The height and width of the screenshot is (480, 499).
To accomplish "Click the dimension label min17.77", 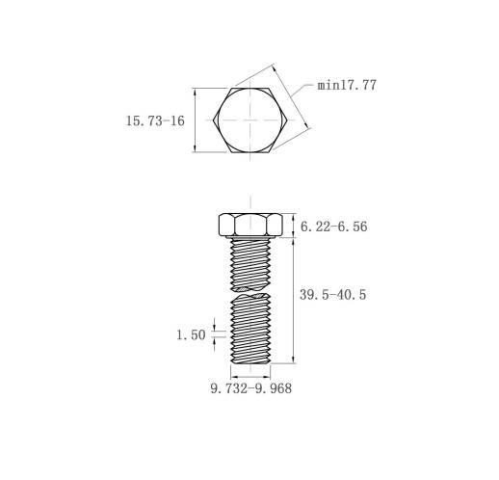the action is [x=347, y=85].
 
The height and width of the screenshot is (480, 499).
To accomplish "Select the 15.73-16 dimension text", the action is [x=155, y=120].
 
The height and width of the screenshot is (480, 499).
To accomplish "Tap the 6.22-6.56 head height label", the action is [x=333, y=227].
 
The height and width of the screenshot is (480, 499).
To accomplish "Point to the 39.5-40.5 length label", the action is [x=332, y=295].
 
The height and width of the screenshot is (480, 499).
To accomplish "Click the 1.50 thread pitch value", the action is [x=191, y=334].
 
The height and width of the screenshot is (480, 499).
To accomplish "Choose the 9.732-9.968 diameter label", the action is [x=251, y=388].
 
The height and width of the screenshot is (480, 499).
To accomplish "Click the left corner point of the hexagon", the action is [x=213, y=120].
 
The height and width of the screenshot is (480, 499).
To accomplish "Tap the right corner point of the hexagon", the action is [x=287, y=120].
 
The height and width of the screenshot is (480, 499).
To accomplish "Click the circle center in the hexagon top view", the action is [x=250, y=120].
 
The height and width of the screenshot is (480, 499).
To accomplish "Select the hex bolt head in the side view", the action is [x=250, y=225].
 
